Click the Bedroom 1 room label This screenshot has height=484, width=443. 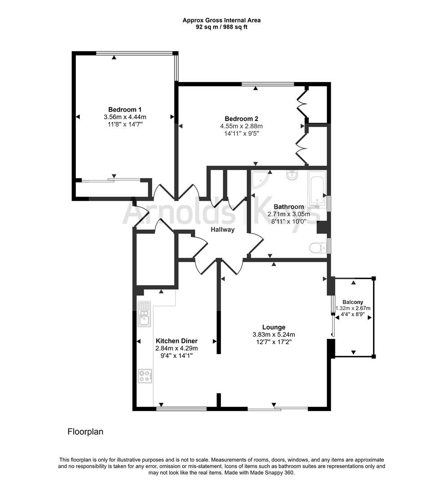(125, 109)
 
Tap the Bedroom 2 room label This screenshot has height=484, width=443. (241, 119)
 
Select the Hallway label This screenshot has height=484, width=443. (223, 229)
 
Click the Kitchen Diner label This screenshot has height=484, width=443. (176, 341)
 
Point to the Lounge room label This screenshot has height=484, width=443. (274, 327)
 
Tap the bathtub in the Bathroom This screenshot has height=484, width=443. (317, 190)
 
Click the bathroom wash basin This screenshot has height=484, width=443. (292, 175)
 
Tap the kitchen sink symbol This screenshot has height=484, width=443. (144, 314)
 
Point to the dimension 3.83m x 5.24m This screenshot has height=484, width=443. (274, 334)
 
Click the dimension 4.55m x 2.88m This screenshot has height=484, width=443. (241, 126)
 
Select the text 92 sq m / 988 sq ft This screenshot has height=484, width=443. (221, 27)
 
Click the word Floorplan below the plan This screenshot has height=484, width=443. (85, 432)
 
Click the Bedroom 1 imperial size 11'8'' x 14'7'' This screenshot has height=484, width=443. (125, 125)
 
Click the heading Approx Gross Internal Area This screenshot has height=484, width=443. (221, 20)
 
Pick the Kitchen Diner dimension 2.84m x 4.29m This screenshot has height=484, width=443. (176, 348)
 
